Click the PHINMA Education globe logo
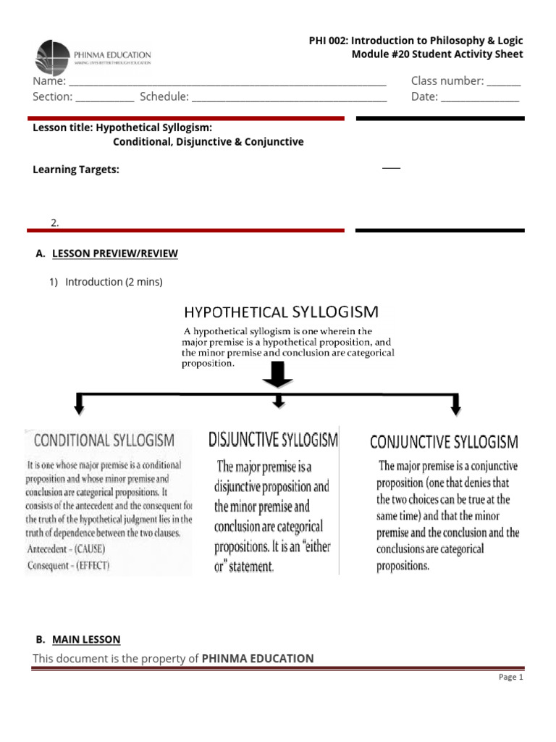click(53, 58)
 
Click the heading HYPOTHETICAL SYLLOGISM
click(281, 312)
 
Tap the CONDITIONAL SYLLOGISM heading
click(104, 440)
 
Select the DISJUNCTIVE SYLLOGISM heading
click(273, 439)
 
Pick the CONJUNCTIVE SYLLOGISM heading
click(444, 441)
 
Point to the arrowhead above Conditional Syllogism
click(79, 407)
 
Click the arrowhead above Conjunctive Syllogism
click(455, 407)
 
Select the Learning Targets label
click(76, 170)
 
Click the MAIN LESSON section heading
click(86, 640)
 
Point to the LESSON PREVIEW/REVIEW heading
click(114, 254)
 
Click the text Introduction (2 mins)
click(114, 282)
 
